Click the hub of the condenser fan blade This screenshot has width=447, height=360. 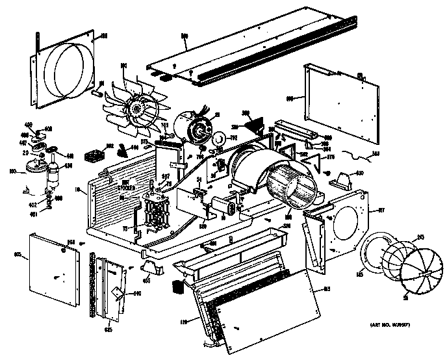138,107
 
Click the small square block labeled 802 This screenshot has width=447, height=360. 97,157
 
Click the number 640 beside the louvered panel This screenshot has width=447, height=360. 136,294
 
